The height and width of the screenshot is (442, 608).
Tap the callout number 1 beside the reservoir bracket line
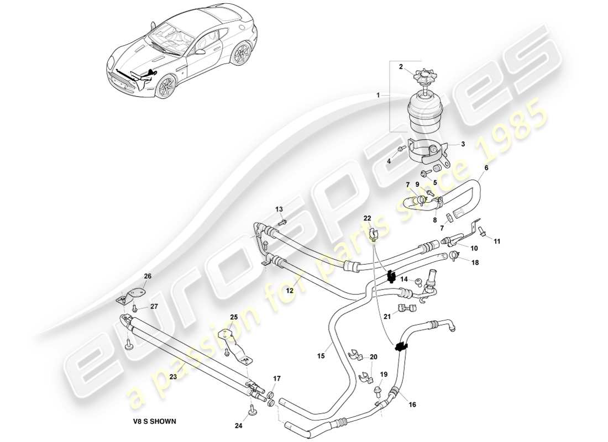(378, 96)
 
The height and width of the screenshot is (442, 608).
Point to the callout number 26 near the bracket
(147, 276)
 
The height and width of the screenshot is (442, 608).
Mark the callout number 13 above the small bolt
(279, 209)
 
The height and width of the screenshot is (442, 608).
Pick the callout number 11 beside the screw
(496, 241)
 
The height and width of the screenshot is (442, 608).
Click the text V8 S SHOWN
(150, 422)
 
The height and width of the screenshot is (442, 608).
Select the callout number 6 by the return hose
(486, 167)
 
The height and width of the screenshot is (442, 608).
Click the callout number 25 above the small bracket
(234, 317)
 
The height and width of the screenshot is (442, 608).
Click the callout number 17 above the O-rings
(277, 379)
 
